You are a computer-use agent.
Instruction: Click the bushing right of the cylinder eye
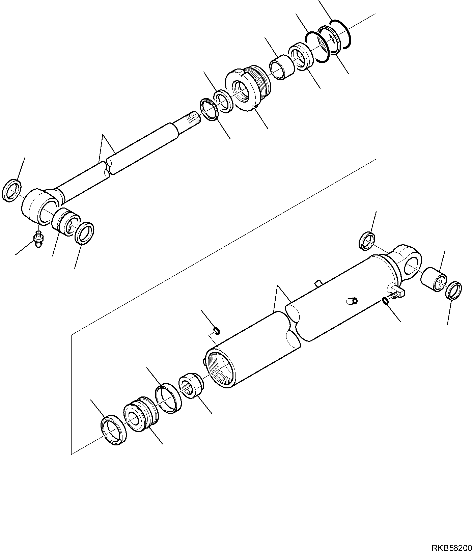(x=434, y=279)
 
